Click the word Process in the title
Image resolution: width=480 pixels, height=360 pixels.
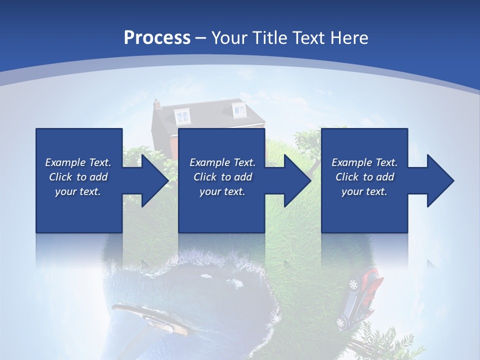point(157,38)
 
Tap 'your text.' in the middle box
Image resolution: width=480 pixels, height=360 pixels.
point(222,191)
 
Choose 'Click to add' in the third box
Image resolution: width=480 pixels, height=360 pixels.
point(364,177)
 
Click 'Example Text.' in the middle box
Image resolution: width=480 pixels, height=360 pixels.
point(222,162)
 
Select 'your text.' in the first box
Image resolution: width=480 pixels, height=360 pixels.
point(78,191)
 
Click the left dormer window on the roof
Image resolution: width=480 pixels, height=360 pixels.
point(182,116)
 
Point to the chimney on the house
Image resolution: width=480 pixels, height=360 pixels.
point(157,104)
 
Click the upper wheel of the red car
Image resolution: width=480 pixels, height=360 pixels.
point(354,285)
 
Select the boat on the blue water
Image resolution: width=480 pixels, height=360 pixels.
point(150,318)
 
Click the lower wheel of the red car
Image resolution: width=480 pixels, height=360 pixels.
point(341,323)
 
